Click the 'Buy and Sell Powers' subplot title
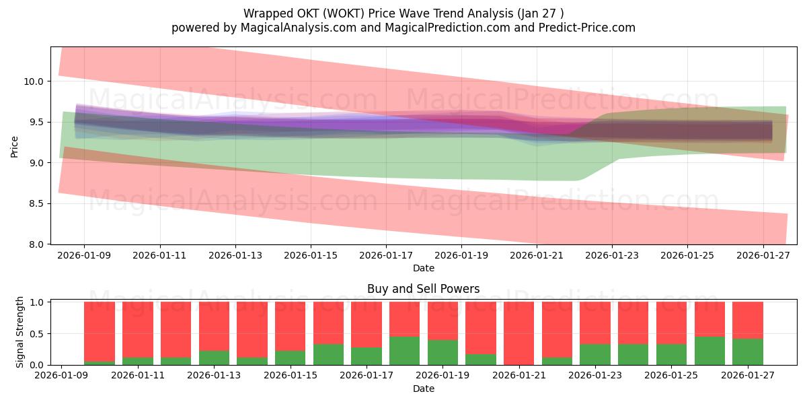pos(423,289)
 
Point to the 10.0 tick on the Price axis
pos(34,81)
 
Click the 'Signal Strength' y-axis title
pos(20,331)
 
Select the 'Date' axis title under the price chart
pos(423,268)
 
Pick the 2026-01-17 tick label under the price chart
pos(385,256)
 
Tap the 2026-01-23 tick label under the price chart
pos(612,256)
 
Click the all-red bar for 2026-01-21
pos(518,333)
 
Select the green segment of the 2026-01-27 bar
pos(747,351)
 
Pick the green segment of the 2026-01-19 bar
pos(443,352)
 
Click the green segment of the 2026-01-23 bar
pos(594,354)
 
